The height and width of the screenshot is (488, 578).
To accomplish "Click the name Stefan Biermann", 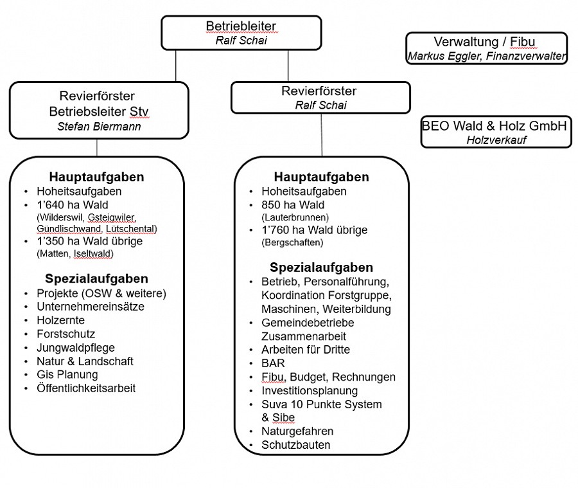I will [x=99, y=127].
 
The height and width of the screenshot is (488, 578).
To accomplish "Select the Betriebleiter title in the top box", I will [x=241, y=26].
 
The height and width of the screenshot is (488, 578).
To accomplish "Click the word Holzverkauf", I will [x=496, y=140].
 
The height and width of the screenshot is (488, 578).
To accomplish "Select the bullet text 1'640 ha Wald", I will [x=73, y=204].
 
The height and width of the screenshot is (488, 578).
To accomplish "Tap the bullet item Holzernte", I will [x=60, y=320].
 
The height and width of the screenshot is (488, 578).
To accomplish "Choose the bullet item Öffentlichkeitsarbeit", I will [x=86, y=388].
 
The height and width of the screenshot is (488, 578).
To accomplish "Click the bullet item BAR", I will [x=273, y=363].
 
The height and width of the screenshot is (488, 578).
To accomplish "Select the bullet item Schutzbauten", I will [x=295, y=445].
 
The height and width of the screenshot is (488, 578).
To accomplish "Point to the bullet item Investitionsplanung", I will [x=310, y=390].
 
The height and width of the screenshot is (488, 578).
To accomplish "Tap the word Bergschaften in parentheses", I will [x=292, y=242].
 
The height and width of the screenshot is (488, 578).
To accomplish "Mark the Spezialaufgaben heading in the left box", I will [x=96, y=278].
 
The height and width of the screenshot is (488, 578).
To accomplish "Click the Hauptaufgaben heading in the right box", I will [x=321, y=177].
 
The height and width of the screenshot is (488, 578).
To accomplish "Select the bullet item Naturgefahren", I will [x=297, y=431].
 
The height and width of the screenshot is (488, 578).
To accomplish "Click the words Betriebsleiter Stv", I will [x=99, y=111].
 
